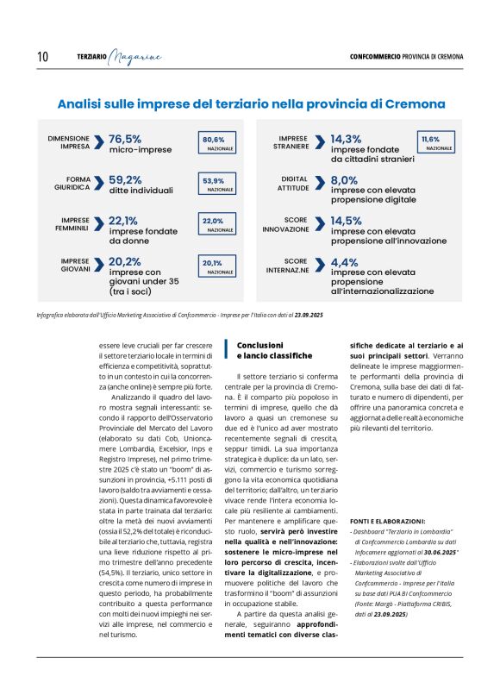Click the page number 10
(x=42, y=57)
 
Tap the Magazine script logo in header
(x=135, y=57)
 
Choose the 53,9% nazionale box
(x=214, y=185)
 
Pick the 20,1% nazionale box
(x=214, y=266)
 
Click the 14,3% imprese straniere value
(x=347, y=138)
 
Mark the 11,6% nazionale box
(x=437, y=142)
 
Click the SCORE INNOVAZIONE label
(x=285, y=225)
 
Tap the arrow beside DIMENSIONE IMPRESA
(x=100, y=143)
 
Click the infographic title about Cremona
(x=251, y=103)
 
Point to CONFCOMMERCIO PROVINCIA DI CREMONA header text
(x=406, y=57)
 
